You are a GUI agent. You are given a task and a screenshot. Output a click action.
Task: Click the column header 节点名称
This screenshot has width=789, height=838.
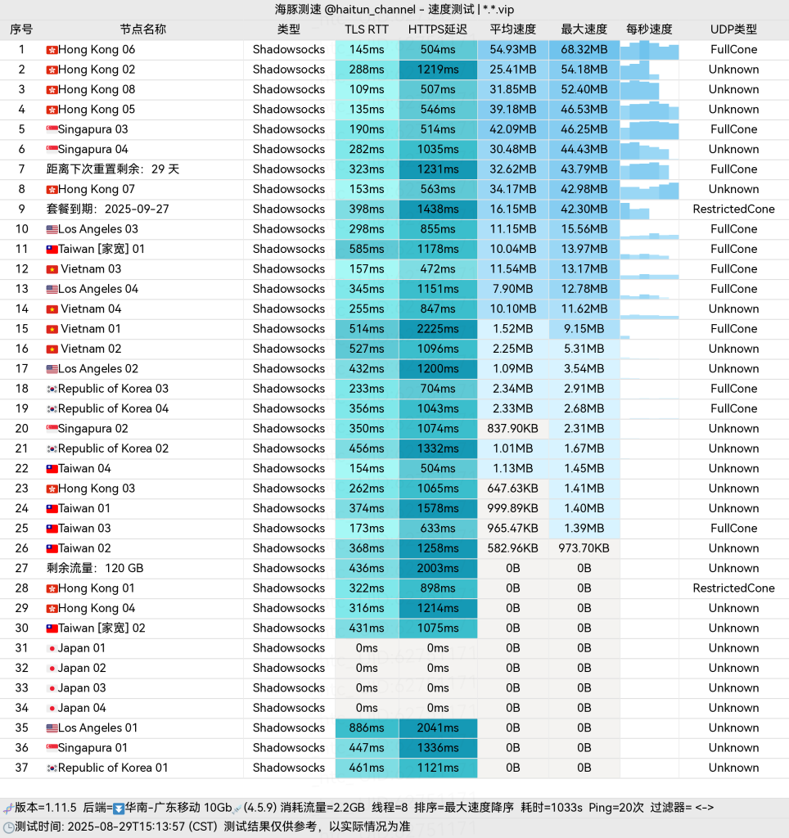(x=142, y=29)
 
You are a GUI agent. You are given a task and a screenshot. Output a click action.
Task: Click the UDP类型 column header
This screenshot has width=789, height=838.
(x=733, y=29)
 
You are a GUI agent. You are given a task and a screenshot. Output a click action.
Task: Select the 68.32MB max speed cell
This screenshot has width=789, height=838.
(x=584, y=50)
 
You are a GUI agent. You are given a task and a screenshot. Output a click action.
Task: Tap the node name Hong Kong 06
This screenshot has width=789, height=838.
(x=97, y=50)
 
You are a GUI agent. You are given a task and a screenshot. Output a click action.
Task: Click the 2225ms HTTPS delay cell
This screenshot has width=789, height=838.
(x=438, y=329)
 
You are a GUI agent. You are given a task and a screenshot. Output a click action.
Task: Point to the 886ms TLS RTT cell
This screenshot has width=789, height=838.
(x=367, y=728)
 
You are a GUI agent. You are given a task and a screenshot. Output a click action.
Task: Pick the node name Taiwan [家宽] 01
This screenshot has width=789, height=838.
(x=101, y=249)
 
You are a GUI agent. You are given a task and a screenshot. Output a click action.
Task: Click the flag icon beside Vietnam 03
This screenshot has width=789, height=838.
(x=52, y=269)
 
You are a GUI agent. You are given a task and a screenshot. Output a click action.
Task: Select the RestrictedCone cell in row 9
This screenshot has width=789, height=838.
(x=733, y=209)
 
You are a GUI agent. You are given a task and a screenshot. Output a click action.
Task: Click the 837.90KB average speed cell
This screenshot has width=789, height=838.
(x=512, y=429)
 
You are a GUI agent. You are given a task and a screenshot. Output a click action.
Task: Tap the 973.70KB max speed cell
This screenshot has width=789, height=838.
(x=584, y=548)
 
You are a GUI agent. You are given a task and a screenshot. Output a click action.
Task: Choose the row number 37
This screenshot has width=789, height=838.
(x=21, y=768)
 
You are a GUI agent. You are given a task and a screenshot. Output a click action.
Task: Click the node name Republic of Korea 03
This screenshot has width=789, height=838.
(x=113, y=389)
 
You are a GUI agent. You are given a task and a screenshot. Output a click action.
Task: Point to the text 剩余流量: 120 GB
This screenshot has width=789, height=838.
(x=95, y=568)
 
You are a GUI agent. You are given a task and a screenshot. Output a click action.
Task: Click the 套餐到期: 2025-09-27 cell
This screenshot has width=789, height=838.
(x=107, y=209)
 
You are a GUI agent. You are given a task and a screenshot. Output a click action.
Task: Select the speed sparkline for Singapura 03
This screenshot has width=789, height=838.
(x=650, y=129)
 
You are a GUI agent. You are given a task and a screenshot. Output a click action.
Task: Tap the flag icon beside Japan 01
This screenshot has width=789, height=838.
(x=52, y=648)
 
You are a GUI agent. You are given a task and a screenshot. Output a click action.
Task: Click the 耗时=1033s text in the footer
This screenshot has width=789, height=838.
(x=551, y=808)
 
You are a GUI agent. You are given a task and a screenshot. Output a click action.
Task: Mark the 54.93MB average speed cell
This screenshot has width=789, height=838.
(x=512, y=50)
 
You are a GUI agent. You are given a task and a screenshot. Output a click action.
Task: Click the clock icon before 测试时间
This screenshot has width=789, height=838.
(x=8, y=827)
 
